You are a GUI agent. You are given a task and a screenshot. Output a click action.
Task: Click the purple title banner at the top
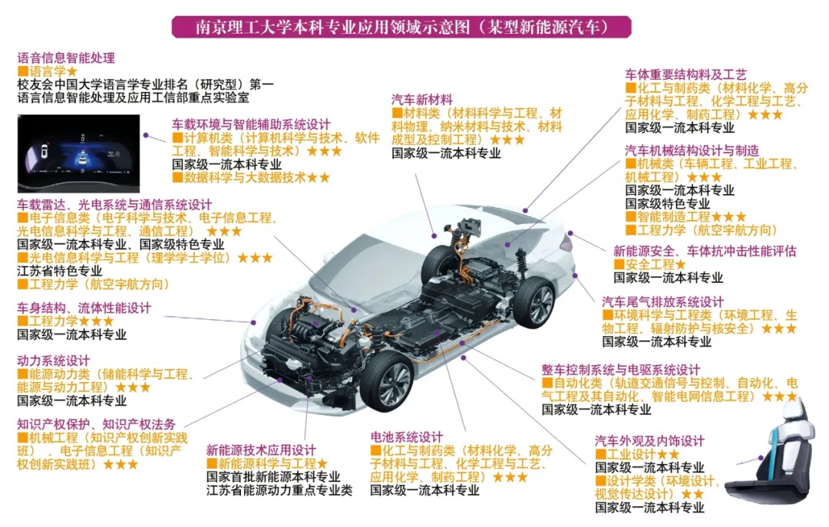click(401, 26)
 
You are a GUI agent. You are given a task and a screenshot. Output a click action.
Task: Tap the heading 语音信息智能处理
click(66, 58)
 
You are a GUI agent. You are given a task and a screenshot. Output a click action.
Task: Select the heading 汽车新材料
click(422, 100)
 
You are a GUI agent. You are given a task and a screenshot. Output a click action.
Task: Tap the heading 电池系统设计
click(407, 436)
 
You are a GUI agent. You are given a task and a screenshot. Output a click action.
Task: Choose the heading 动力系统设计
click(54, 361)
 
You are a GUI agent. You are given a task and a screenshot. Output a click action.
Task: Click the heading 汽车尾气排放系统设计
click(662, 301)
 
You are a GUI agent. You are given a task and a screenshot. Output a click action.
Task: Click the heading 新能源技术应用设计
click(261, 450)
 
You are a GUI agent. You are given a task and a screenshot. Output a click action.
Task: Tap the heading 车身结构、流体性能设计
click(84, 308)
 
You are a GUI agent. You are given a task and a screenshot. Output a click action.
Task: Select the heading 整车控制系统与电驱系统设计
click(621, 370)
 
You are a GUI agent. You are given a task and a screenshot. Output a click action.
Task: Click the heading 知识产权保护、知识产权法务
click(96, 424)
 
